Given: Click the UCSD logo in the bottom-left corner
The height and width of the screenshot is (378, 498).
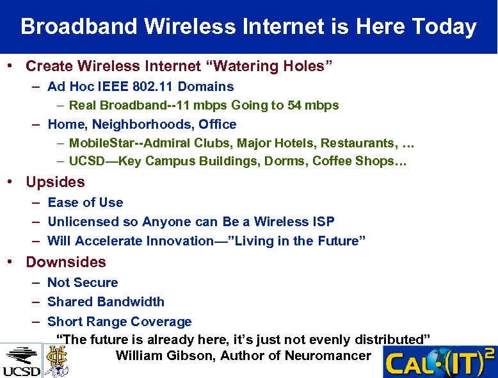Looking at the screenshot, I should (x=21, y=361).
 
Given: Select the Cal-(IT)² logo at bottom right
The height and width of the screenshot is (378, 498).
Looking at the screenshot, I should (x=440, y=362).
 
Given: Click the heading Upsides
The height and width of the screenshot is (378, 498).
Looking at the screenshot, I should (x=55, y=182).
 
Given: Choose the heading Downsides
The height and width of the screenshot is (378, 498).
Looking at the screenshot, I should (x=66, y=262).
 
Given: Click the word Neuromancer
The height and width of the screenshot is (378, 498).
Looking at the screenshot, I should (x=327, y=356).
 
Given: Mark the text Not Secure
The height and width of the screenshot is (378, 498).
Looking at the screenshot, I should (x=83, y=283).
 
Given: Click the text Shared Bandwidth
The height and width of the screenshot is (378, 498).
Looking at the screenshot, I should (x=106, y=302).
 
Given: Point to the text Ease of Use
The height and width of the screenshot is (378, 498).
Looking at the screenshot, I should (x=85, y=202).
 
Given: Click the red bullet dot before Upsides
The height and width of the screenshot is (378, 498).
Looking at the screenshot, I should (x=11, y=182).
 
